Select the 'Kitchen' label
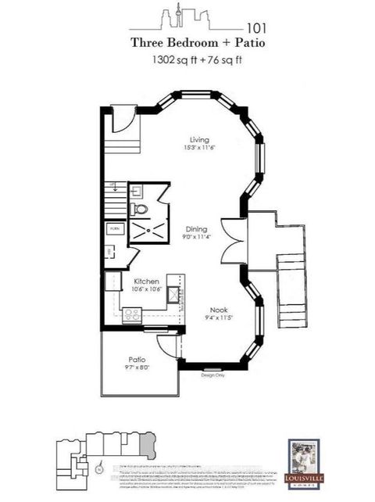pos(146,281)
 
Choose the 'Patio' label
pos(136,361)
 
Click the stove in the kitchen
pos(132,314)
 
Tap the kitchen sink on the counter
pos(173,295)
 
